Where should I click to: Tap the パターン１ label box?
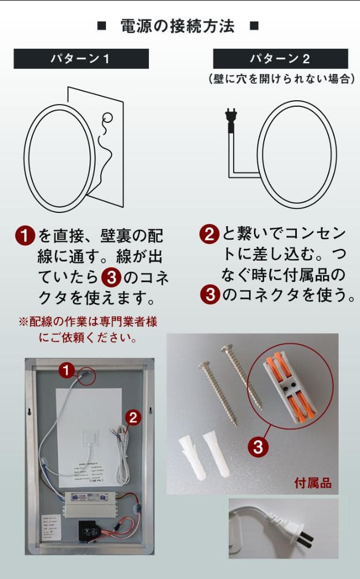pyautogui.click(x=81, y=58)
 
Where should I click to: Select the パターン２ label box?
pyautogui.click(x=280, y=58)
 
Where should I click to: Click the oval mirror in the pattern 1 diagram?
pyautogui.click(x=57, y=156)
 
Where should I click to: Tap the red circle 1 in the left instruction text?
pyautogui.click(x=25, y=235)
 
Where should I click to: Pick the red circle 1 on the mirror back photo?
pyautogui.click(x=66, y=370)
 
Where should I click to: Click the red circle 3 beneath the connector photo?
pyautogui.click(x=258, y=447)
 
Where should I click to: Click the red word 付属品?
pyautogui.click(x=313, y=483)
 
